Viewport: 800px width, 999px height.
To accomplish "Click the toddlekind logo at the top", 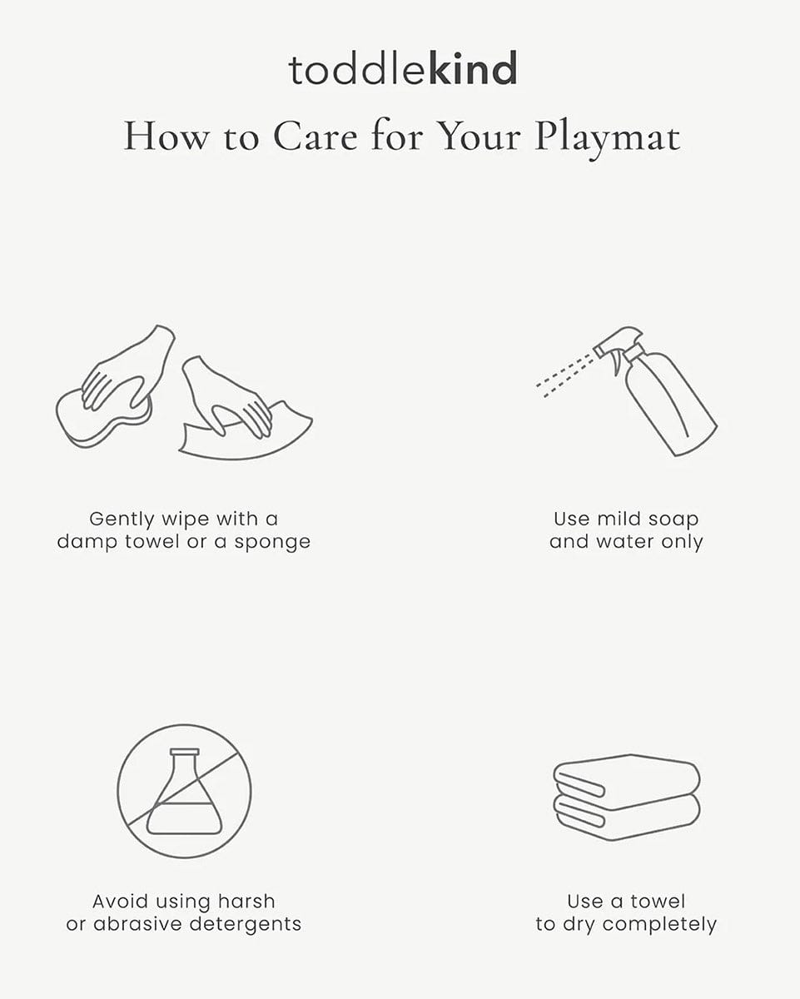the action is click(x=403, y=69).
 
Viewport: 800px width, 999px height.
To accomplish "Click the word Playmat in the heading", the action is click(x=608, y=139).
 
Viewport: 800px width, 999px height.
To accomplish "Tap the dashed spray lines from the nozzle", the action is click(x=564, y=375).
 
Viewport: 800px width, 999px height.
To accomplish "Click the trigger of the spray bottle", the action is click(x=618, y=362).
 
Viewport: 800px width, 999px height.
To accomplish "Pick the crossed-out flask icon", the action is click(x=184, y=792).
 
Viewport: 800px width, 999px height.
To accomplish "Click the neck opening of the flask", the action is click(x=184, y=752).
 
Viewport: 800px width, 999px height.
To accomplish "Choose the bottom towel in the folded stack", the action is click(x=627, y=818).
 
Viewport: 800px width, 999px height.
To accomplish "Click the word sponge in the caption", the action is click(x=272, y=543).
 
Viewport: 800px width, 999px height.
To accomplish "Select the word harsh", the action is click(x=246, y=902).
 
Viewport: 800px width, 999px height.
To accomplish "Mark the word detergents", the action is click(x=246, y=925).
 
